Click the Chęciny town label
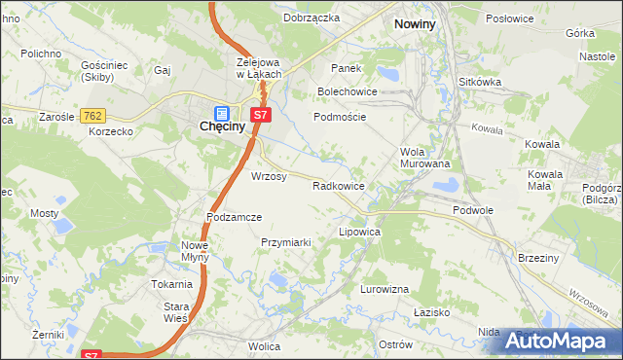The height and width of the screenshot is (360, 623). click(221, 126)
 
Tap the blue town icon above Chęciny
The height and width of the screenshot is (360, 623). click(221, 112)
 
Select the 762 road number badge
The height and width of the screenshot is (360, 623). click(93, 116)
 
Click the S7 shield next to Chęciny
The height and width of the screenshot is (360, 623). click(259, 115)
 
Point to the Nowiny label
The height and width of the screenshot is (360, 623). click(414, 21)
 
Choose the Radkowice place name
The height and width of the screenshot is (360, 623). click(338, 185)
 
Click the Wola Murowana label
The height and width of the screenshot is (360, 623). click(424, 158)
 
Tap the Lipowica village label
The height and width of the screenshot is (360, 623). click(358, 234)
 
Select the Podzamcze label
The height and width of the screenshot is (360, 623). click(234, 217)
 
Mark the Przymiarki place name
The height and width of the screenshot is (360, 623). click(285, 242)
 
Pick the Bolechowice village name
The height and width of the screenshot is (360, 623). click(346, 91)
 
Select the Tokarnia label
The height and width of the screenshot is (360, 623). click(170, 284)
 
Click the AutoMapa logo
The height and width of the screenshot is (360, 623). click(560, 341)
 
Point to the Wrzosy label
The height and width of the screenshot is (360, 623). click(269, 176)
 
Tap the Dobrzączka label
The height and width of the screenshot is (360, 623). click(311, 18)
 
